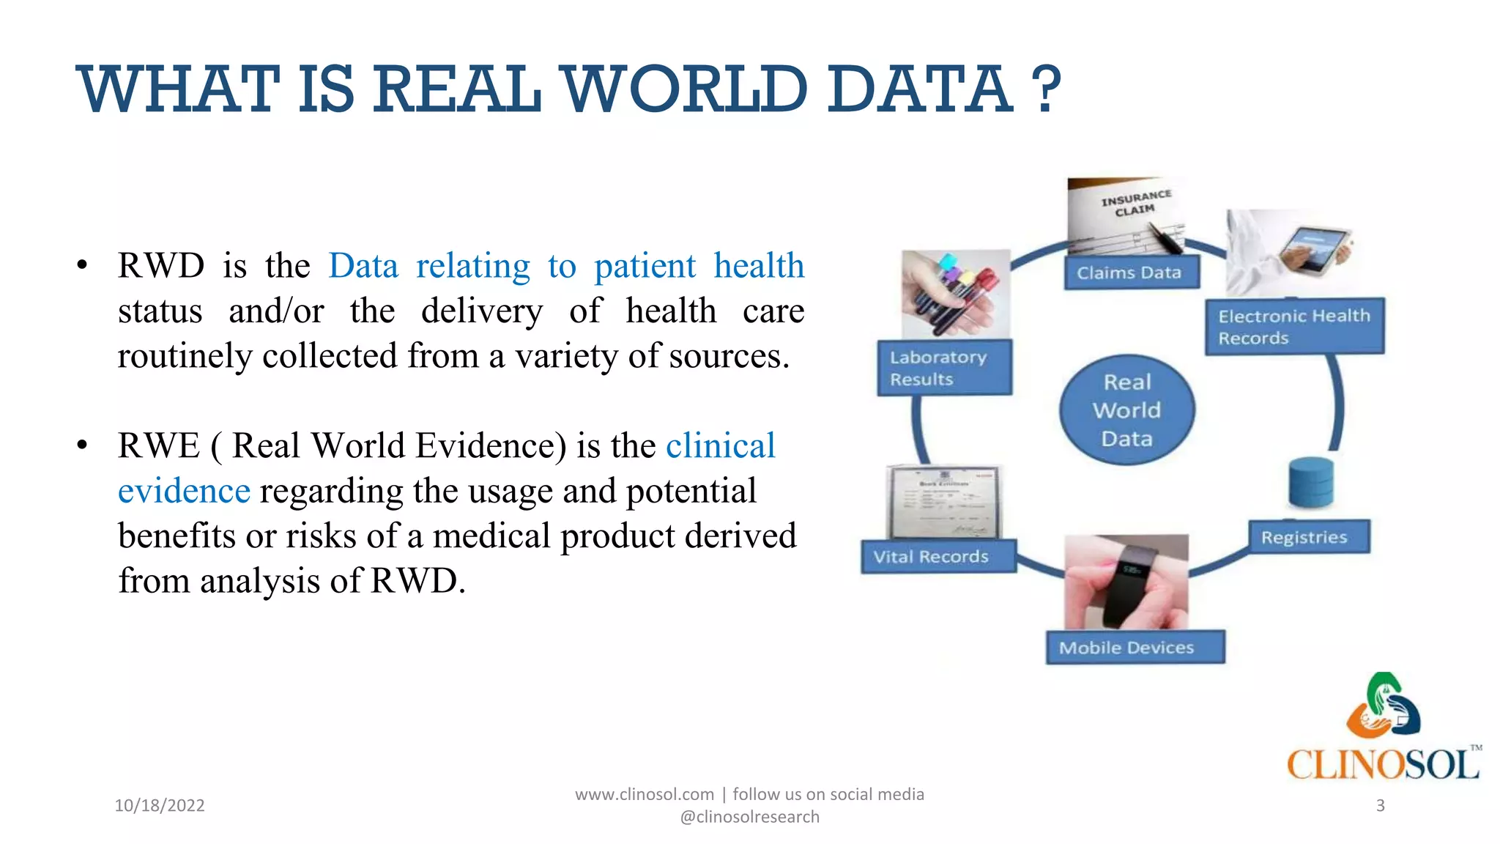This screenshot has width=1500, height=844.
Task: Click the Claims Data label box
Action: point(1130,273)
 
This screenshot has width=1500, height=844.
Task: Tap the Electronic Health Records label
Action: point(1294,327)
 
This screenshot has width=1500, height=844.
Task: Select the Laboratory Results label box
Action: point(944,368)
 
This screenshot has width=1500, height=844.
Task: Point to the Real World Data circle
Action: point(1126,410)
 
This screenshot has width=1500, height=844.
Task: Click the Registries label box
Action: point(1309,537)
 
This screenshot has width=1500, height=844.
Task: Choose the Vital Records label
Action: point(937,557)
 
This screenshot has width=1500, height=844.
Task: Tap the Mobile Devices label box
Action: point(1135,648)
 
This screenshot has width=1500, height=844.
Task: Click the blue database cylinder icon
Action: point(1311,482)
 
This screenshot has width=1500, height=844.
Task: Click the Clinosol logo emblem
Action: point(1383,706)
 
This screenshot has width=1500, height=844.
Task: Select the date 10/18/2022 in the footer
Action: point(160,805)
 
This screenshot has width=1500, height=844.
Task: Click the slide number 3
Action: point(1380,805)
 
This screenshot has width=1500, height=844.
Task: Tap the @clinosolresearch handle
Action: point(749,817)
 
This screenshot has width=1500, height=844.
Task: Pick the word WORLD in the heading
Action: point(684,89)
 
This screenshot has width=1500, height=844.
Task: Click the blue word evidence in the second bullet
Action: point(184,491)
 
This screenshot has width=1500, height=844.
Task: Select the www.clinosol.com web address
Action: point(644,794)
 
